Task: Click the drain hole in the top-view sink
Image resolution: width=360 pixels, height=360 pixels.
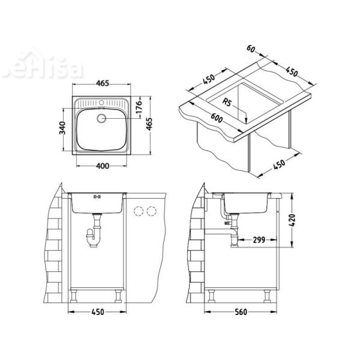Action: click(100, 118)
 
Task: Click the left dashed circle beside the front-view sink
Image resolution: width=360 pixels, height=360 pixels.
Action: click(139, 211)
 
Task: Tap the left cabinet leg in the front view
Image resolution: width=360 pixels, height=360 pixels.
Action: click(75, 295)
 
